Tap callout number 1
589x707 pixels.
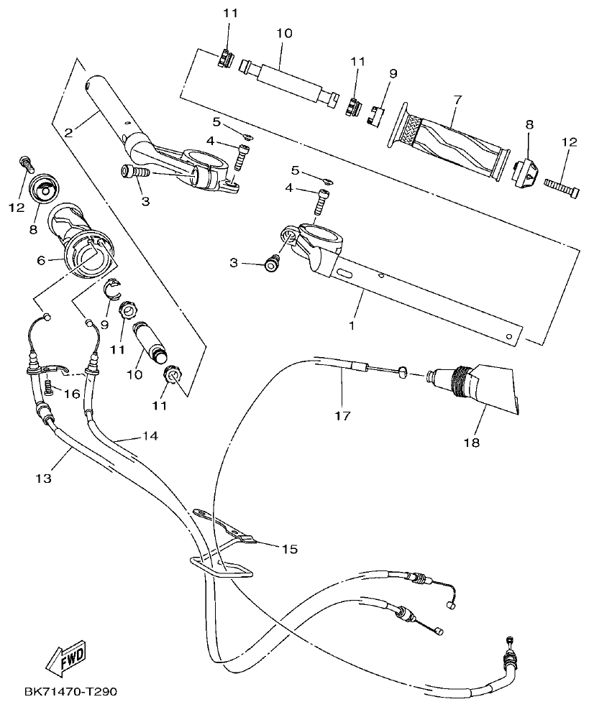[352, 325]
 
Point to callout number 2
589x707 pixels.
[68, 132]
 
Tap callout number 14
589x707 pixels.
[150, 435]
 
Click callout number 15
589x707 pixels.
[289, 550]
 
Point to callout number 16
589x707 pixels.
[71, 394]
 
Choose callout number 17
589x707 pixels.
[342, 415]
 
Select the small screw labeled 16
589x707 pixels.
[49, 388]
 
